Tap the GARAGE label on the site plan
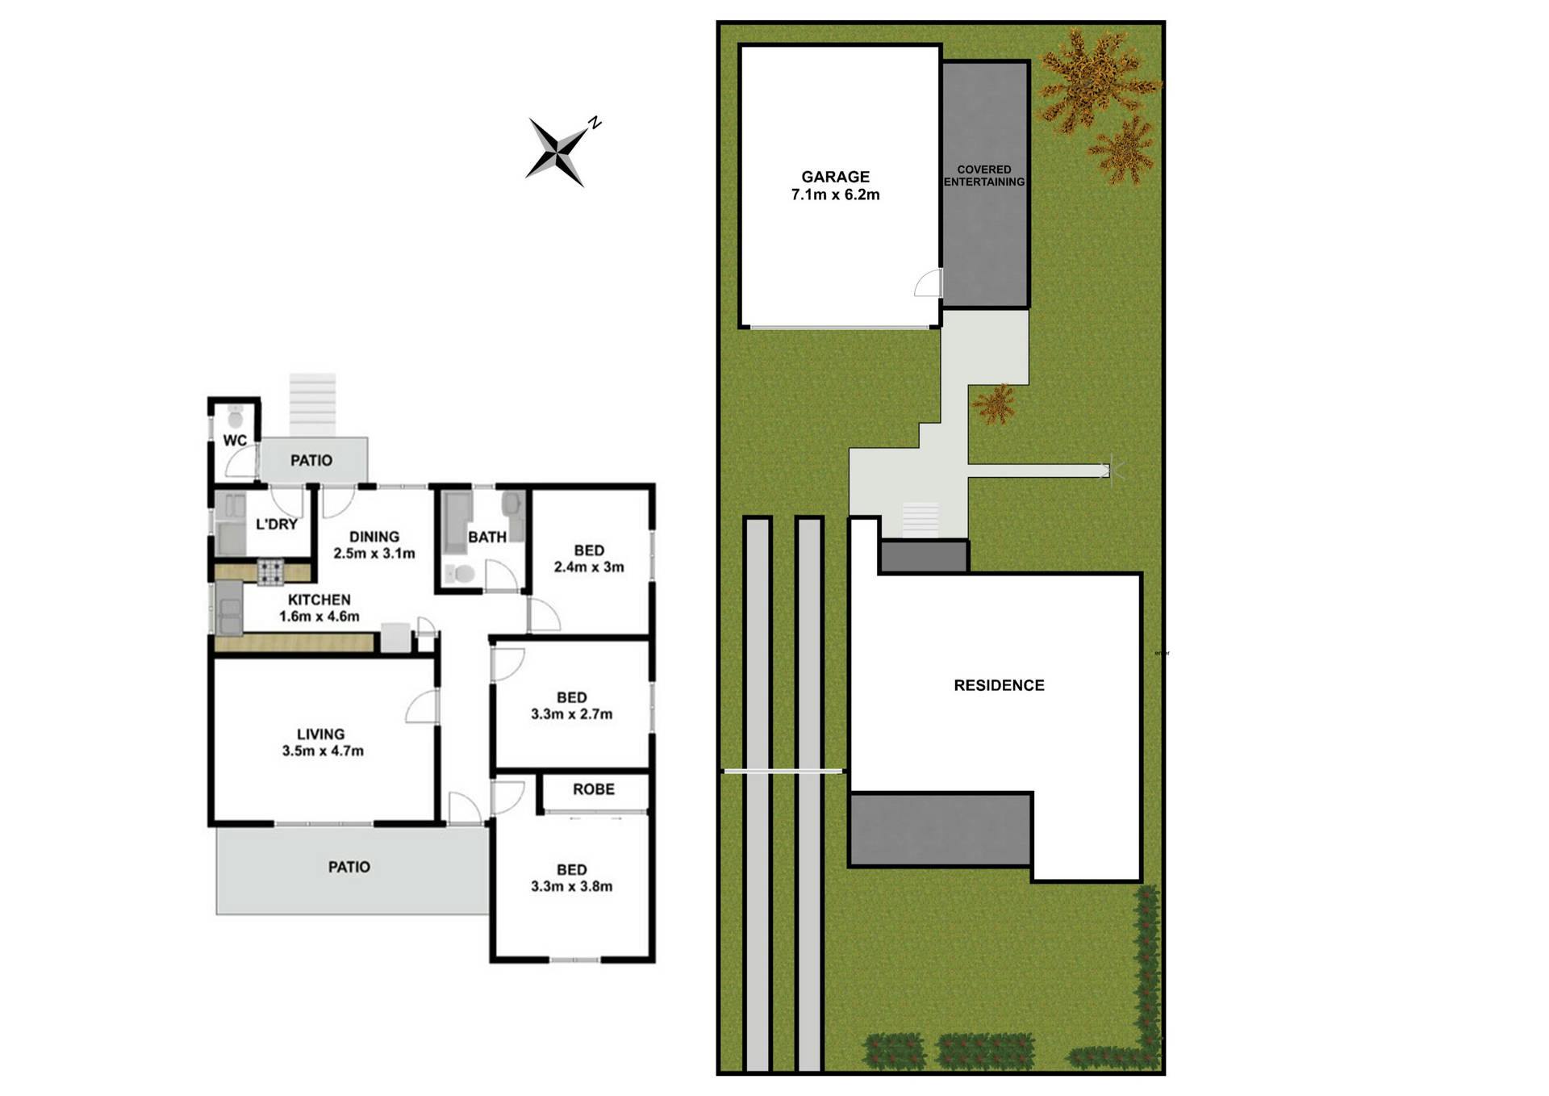pos(835,177)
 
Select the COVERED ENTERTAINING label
pos(984,176)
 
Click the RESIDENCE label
pos(999,685)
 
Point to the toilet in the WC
pos(236,417)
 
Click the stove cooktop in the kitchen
pos(269,572)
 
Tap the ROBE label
pos(594,789)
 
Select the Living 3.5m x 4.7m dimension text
pos(323,751)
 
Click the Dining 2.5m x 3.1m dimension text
pos(374,554)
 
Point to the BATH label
pos(487,537)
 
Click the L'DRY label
pos(277,525)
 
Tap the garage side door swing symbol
pos(928,282)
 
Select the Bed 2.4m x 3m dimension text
pos(589,567)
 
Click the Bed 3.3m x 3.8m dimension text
pos(571,886)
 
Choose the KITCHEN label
pos(319,600)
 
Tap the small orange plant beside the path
pos(995,403)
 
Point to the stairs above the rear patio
pos(312,405)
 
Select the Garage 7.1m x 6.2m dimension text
pos(835,195)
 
